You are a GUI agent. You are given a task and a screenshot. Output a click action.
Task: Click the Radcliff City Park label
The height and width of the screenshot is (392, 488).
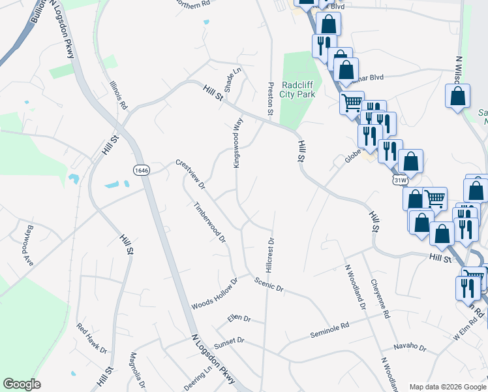point(298,90)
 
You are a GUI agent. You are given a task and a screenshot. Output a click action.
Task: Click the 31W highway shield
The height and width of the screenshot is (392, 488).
point(401,179)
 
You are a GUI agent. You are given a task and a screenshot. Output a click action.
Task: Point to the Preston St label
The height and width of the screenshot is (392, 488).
point(269,99)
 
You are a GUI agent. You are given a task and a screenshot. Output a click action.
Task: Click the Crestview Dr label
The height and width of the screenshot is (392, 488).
point(190,174)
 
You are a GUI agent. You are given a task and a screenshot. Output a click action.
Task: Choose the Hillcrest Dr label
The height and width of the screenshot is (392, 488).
point(269,255)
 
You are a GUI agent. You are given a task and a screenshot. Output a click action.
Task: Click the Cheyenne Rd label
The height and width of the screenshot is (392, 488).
point(379,299)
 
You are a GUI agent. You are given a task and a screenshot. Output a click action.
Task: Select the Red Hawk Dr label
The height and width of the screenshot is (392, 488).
point(92,338)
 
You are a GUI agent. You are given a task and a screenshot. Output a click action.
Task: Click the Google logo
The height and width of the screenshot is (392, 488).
point(22,384)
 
